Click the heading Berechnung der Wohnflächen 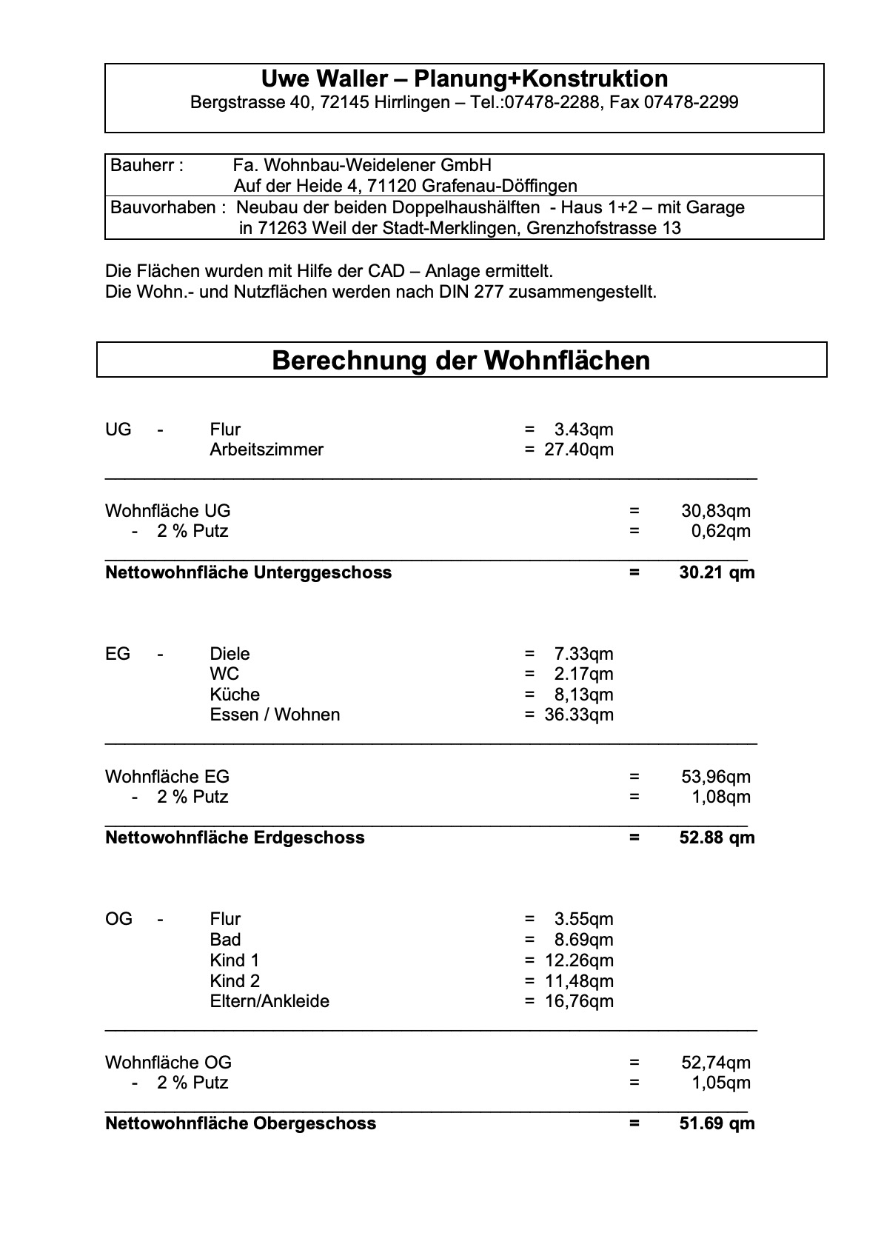tap(460, 361)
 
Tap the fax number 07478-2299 tap(691, 102)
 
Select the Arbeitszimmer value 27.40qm tap(578, 449)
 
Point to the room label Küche tap(235, 695)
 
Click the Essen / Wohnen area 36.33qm tap(578, 715)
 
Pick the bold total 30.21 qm tap(716, 572)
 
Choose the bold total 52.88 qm tap(716, 838)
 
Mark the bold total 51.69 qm tap(716, 1123)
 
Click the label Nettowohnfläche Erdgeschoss tap(235, 838)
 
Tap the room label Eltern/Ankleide tap(269, 1001)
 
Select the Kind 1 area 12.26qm tap(578, 960)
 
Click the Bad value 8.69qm tap(583, 940)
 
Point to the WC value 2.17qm tap(583, 674)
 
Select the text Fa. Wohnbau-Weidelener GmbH tap(362, 165)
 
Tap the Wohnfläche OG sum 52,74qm tap(715, 1063)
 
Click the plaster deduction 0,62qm tap(720, 531)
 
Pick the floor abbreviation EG tap(118, 654)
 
